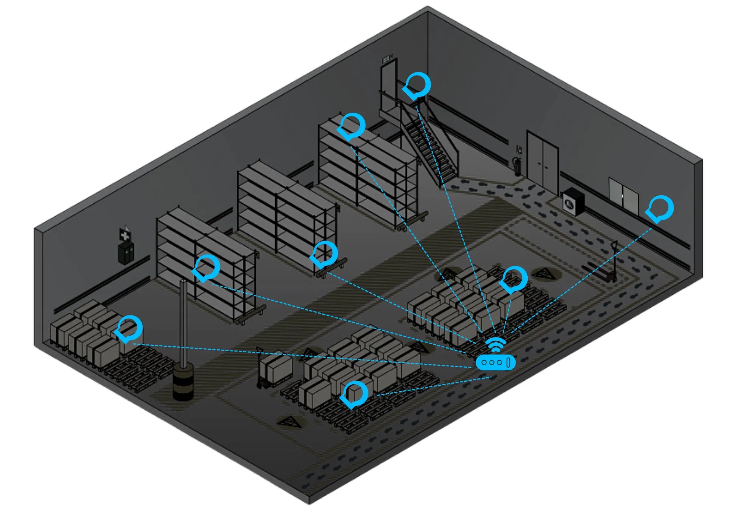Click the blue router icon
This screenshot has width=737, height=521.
(495, 363)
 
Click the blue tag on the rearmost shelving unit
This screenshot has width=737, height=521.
(352, 126)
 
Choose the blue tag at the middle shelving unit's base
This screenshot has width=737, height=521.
(324, 255)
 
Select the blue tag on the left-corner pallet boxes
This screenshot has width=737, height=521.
(129, 329)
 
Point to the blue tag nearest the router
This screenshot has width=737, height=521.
(514, 280)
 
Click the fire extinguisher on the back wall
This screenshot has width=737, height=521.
(517, 167)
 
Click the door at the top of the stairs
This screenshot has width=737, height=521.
(388, 87)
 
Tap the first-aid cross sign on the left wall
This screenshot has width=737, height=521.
(125, 234)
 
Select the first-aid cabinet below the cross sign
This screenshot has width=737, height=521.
(126, 253)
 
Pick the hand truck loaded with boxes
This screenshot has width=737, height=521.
(275, 368)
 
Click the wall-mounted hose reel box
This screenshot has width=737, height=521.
(573, 202)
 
